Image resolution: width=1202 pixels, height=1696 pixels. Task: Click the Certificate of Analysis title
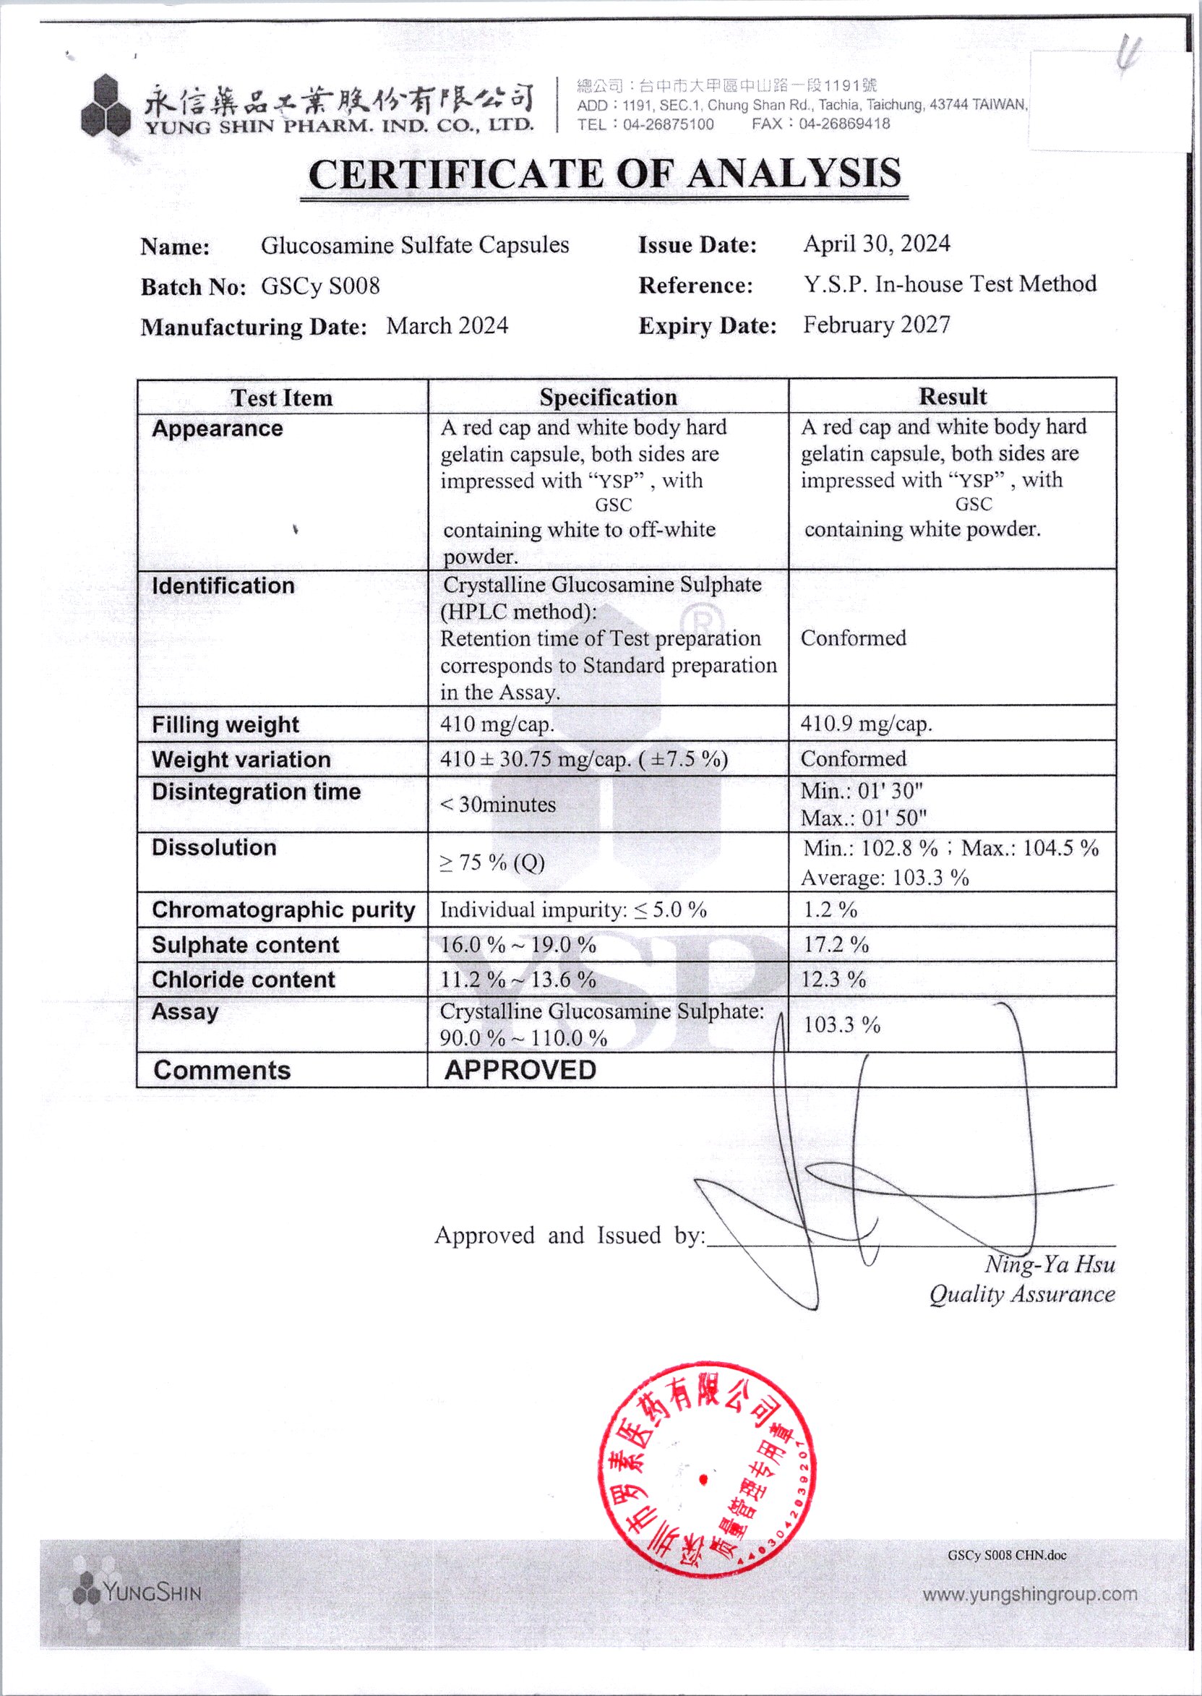click(x=604, y=174)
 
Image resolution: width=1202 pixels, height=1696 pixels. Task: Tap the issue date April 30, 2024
click(x=876, y=244)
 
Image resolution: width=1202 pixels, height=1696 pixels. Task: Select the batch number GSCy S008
click(x=320, y=286)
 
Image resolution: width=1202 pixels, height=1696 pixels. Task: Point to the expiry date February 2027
click(x=876, y=325)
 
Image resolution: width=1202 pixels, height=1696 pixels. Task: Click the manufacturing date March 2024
click(x=447, y=326)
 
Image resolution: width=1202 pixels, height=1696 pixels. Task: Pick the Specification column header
click(x=608, y=397)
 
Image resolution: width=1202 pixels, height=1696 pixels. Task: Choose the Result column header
click(x=953, y=396)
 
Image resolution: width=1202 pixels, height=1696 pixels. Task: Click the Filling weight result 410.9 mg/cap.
click(x=866, y=723)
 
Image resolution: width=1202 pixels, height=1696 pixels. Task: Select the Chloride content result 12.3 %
click(x=833, y=980)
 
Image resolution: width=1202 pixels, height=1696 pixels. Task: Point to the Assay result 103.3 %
click(x=842, y=1024)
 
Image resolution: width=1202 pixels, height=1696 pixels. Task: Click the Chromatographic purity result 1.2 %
click(x=830, y=910)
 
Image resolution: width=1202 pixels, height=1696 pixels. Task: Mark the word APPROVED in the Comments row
click(x=520, y=1070)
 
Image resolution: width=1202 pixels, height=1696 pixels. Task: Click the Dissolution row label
click(x=214, y=847)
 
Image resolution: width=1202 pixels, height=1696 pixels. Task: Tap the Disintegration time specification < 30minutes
click(x=498, y=805)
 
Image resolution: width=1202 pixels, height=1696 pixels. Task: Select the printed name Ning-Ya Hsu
click(x=1049, y=1264)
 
